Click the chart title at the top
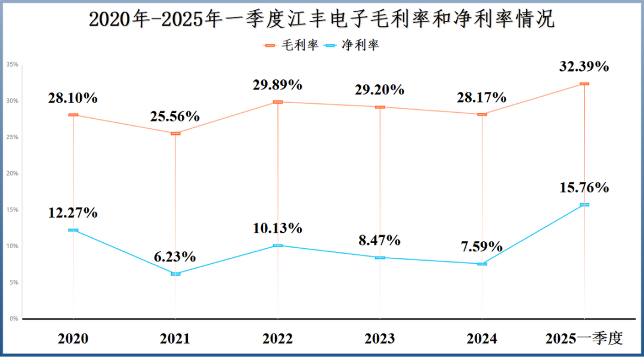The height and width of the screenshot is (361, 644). pos(321,19)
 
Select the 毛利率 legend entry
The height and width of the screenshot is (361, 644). pos(291,45)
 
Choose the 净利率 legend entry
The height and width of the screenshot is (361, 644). pos(352,45)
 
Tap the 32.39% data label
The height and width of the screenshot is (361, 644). pos(584,66)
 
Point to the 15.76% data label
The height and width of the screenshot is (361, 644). pos(584,187)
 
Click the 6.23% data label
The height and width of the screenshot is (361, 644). pos(175,257)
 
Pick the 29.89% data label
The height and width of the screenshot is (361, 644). pos(278,85)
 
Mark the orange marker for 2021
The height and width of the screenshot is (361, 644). pos(175,134)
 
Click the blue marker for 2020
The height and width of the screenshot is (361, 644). pos(73,230)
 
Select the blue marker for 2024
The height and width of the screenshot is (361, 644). pos(482,264)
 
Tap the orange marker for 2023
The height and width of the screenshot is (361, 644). pos(380,107)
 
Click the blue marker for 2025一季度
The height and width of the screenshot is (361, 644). pos(584,205)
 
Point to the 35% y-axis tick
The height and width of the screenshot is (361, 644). pos(13,64)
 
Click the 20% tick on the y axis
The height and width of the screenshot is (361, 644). pos(13,174)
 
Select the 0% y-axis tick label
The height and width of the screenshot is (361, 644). pos(14,319)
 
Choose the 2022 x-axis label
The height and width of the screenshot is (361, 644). pos(278,338)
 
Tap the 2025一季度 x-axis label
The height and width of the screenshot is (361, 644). pos(584,338)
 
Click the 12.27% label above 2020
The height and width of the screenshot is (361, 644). pos(73,212)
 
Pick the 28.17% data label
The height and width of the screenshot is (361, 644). pos(482,97)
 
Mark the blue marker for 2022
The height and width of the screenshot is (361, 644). pos(278,246)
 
